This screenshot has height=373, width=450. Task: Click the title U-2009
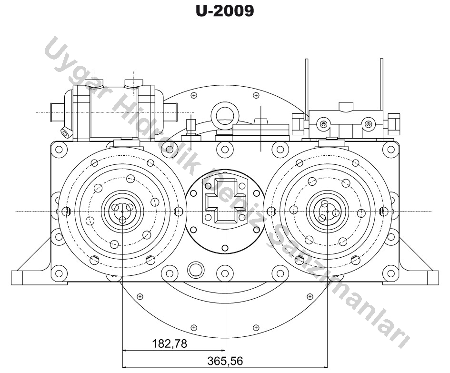click(225, 11)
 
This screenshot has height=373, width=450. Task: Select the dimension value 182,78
click(170, 343)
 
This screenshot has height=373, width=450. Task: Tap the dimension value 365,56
click(224, 361)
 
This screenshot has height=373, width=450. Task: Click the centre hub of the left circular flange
click(122, 211)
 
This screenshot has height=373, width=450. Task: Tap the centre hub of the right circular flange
click(327, 211)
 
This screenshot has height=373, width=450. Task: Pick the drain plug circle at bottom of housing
click(195, 269)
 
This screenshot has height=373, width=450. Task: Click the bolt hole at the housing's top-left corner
click(59, 150)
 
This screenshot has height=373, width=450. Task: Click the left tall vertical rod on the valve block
click(307, 88)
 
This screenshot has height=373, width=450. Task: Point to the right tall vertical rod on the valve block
click(381, 86)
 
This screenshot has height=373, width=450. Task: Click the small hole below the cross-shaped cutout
click(224, 248)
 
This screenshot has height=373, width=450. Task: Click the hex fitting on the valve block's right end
click(393, 123)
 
